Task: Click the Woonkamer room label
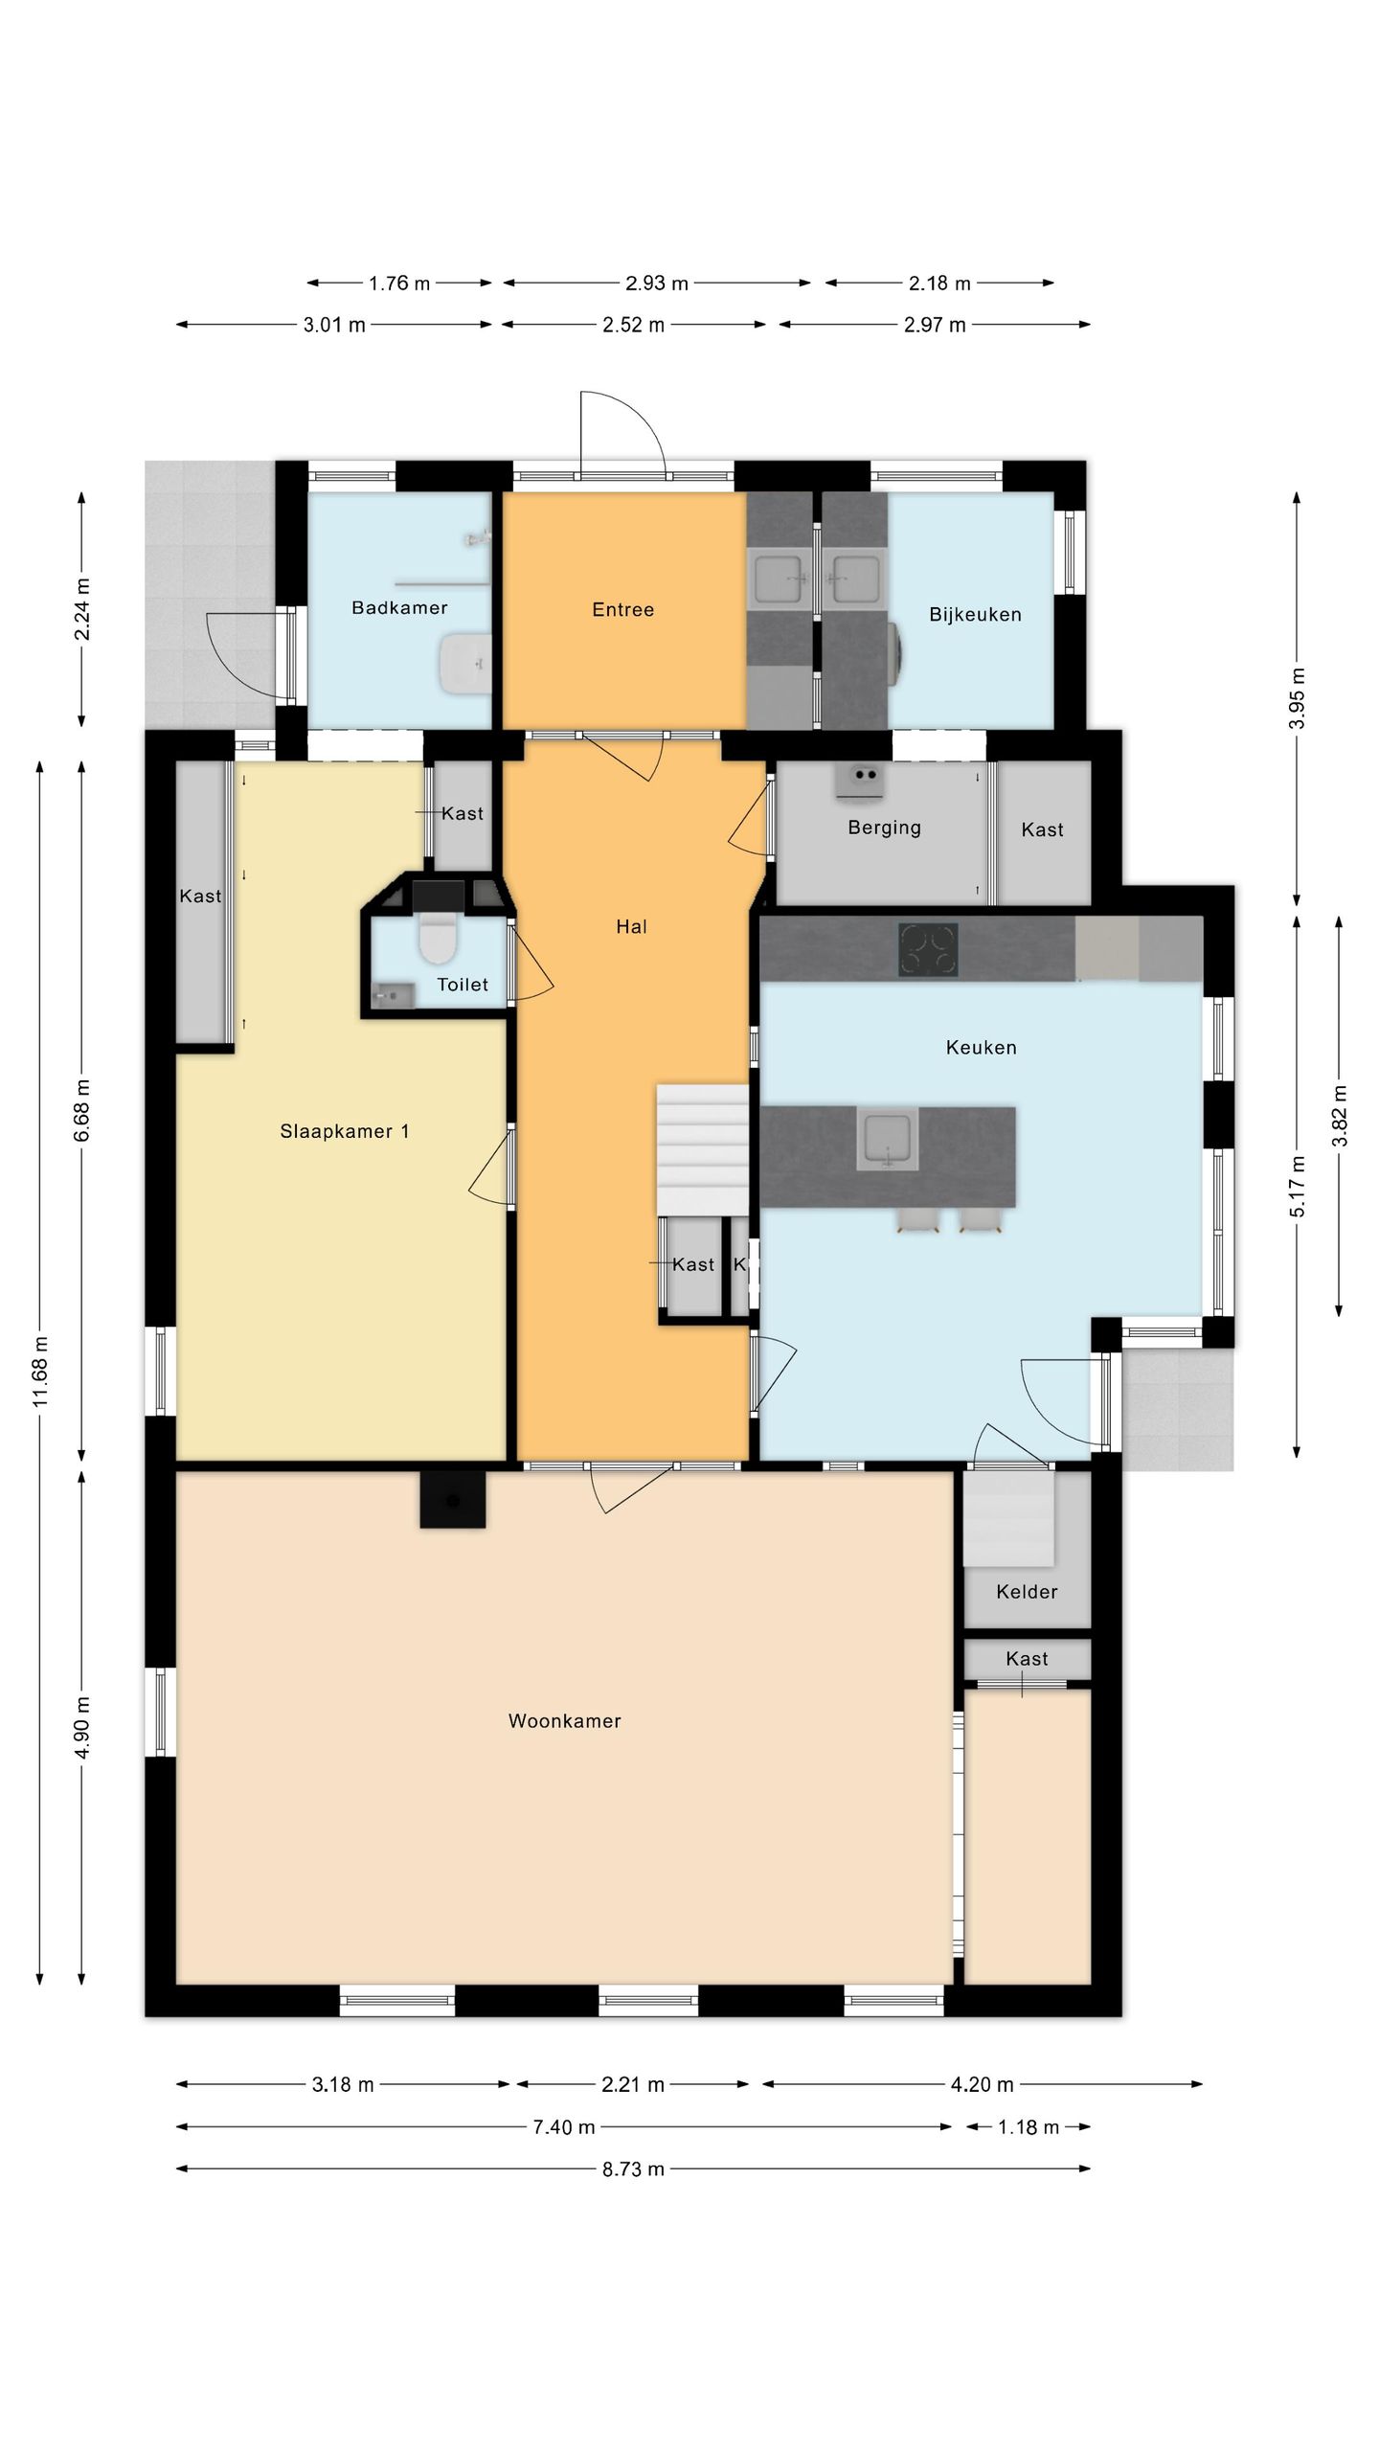click(x=564, y=1721)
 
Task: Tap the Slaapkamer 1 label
click(x=345, y=1131)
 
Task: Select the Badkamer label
click(x=399, y=607)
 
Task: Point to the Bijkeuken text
click(x=975, y=615)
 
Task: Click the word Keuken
click(x=981, y=1048)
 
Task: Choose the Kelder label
click(x=1027, y=1592)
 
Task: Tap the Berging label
click(x=884, y=828)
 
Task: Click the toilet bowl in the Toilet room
click(x=438, y=937)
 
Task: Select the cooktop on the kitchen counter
click(x=928, y=949)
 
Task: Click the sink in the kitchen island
click(x=888, y=1138)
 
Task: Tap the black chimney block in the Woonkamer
click(x=453, y=1499)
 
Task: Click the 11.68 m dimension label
click(x=40, y=1372)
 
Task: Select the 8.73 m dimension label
click(x=633, y=2169)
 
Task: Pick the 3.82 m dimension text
click(x=1339, y=1116)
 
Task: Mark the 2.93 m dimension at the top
click(x=657, y=284)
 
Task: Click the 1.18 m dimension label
click(x=1029, y=2127)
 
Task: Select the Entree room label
click(x=622, y=610)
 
